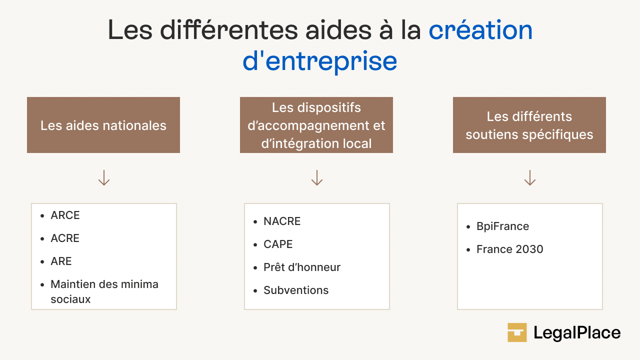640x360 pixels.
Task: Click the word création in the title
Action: (x=480, y=30)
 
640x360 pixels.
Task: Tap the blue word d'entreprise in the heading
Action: (x=319, y=61)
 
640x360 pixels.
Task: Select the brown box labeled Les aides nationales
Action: (x=103, y=125)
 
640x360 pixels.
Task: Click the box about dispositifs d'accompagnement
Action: (x=316, y=125)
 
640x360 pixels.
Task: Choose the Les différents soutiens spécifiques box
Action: (x=529, y=125)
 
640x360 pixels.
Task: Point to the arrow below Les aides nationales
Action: (x=104, y=177)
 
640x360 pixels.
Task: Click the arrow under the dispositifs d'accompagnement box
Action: (x=317, y=177)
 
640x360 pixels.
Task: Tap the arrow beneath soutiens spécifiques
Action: (x=530, y=177)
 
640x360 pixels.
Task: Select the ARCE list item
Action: (x=65, y=215)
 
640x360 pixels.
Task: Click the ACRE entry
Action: (x=65, y=238)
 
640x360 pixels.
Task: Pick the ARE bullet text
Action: (x=61, y=261)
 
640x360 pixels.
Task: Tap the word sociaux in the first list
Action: (x=70, y=299)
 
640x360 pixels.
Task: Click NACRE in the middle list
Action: (x=282, y=221)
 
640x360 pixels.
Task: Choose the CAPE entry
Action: (x=278, y=244)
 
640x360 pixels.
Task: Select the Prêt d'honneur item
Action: (x=302, y=267)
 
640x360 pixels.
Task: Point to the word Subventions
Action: (x=296, y=290)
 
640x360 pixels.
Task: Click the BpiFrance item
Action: (x=503, y=226)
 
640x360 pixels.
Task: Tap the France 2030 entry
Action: (x=509, y=249)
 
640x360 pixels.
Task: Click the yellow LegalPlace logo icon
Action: (x=517, y=332)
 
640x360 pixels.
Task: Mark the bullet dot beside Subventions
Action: (x=255, y=291)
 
